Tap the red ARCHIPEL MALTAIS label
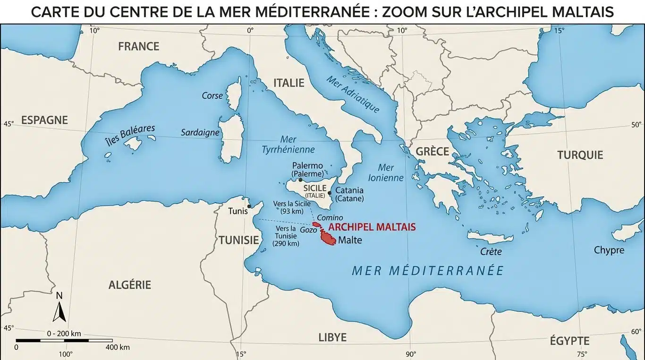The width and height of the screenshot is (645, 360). click(372, 227)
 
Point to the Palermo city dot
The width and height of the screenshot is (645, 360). click(301, 180)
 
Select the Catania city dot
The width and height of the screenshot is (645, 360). click(329, 193)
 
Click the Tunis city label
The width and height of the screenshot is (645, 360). click(238, 211)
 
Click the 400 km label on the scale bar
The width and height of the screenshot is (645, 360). click(118, 347)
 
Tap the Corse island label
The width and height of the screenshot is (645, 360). click(212, 96)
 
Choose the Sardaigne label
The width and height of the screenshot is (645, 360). click(200, 133)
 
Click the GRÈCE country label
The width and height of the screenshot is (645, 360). click(432, 152)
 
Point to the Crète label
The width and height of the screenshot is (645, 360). click(491, 252)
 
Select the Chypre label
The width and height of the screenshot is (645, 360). click(609, 250)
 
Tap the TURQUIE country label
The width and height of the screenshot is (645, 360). click(580, 155)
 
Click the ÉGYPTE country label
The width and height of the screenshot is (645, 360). click(569, 341)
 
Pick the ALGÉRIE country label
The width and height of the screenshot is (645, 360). click(130, 285)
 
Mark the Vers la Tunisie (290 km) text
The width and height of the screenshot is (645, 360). click(286, 236)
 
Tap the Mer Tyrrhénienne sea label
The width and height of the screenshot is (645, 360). click(288, 145)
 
